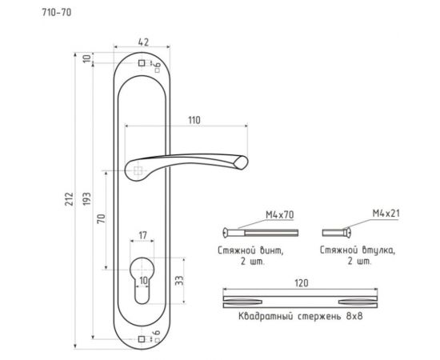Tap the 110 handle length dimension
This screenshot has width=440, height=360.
[x=193, y=119]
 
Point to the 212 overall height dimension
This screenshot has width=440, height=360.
[x=70, y=198]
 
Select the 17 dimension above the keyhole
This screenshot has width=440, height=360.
[x=142, y=235]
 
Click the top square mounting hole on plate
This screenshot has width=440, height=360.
[x=141, y=62]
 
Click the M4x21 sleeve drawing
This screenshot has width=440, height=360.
[x=337, y=232]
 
